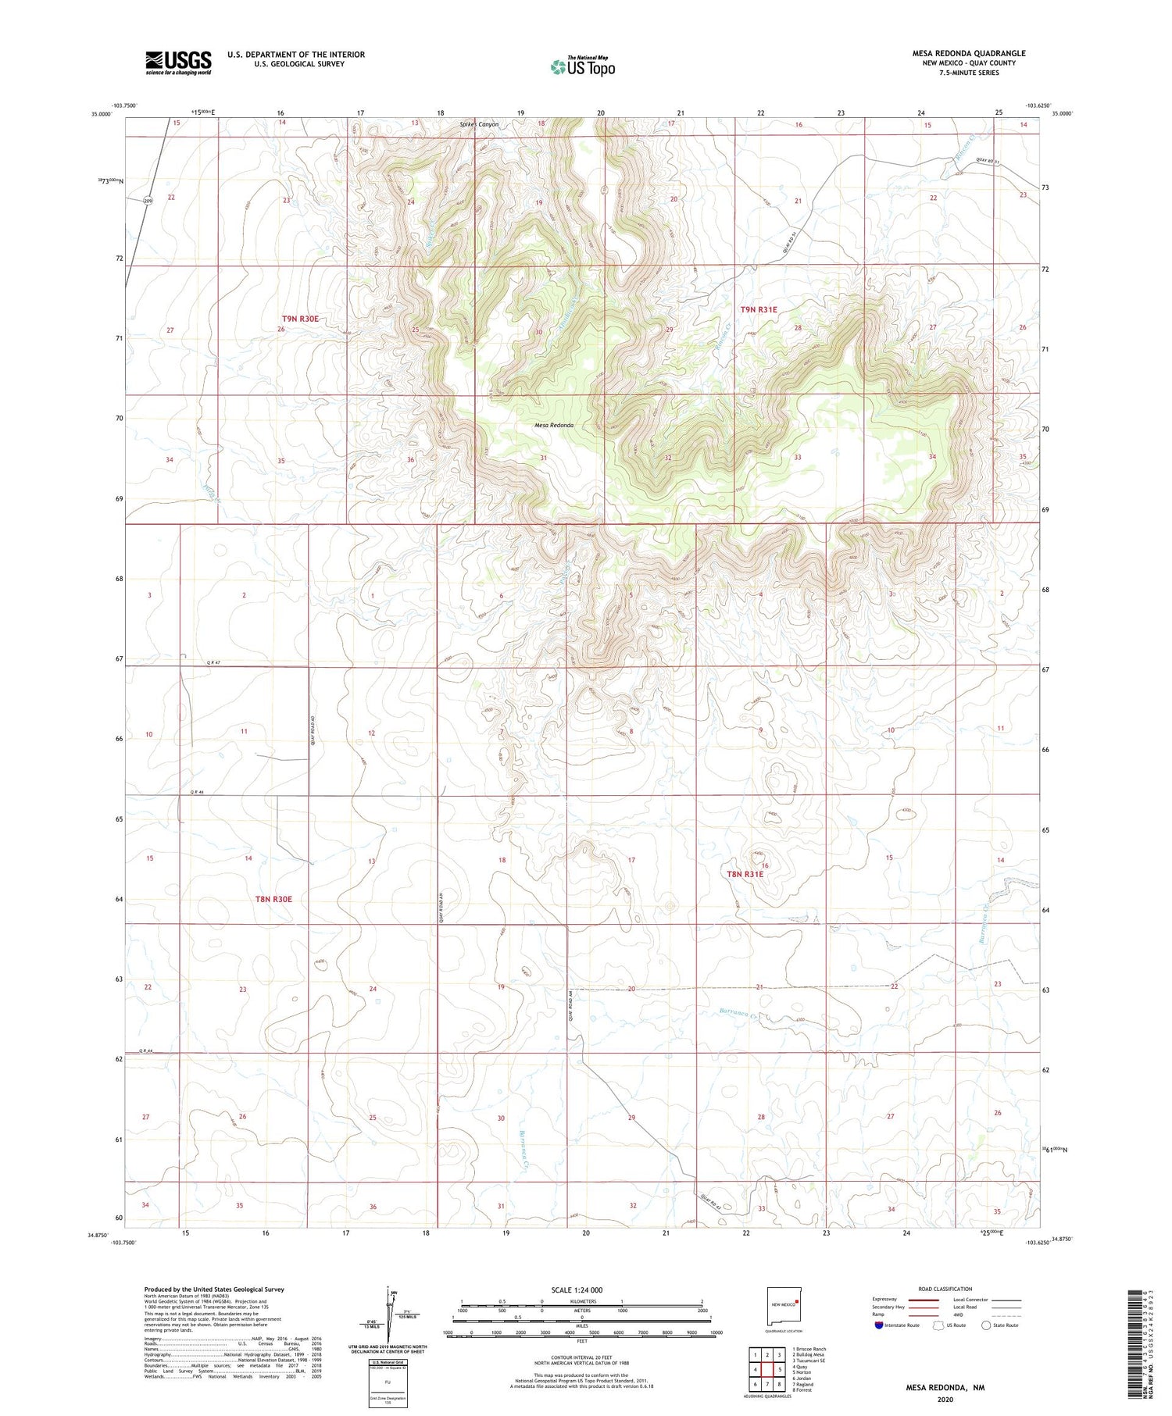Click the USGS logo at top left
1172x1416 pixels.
[x=178, y=62]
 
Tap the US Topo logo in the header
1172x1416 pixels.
[x=583, y=66]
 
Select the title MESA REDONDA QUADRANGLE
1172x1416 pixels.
[x=969, y=53]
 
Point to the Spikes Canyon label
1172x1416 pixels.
[x=478, y=124]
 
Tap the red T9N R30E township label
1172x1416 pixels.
[x=300, y=319]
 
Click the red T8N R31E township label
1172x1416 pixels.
[x=745, y=874]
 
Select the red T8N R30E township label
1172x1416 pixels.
[x=273, y=899]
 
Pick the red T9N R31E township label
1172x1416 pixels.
[x=758, y=310]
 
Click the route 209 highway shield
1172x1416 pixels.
[x=148, y=202]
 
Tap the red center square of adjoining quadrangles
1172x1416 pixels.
[x=767, y=1370]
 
